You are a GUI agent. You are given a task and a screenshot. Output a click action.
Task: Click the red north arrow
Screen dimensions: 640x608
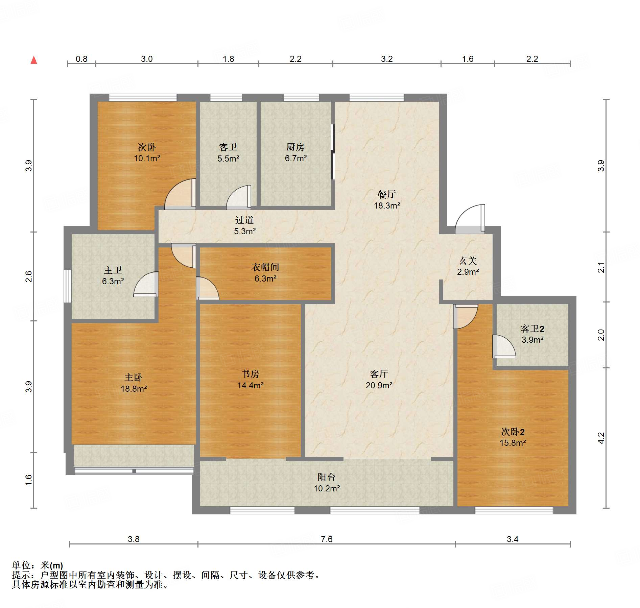tap(34, 60)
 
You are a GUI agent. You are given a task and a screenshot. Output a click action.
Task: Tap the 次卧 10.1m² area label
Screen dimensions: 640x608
tap(147, 152)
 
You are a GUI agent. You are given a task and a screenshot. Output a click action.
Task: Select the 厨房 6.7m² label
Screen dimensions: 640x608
tap(295, 152)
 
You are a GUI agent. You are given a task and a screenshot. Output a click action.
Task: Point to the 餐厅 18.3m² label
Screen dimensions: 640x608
tap(387, 200)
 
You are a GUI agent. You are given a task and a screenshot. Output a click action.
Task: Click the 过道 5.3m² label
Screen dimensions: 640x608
tap(244, 225)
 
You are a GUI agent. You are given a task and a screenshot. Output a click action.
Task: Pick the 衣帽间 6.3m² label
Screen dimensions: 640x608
tap(265, 273)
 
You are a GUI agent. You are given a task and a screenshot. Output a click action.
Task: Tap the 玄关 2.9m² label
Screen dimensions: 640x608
tap(468, 266)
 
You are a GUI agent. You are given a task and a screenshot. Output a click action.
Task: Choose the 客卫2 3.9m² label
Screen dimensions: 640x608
tap(532, 334)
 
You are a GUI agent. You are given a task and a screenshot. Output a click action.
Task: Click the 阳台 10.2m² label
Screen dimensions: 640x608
tap(327, 483)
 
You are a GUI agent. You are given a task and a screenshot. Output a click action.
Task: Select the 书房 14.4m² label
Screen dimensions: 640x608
tap(250, 380)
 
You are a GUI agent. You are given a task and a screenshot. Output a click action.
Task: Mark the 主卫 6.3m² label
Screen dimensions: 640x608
tap(113, 275)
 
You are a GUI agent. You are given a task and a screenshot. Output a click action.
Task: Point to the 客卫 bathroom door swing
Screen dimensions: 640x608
tap(239, 196)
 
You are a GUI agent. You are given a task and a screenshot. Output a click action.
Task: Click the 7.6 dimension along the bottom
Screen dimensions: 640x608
tap(327, 539)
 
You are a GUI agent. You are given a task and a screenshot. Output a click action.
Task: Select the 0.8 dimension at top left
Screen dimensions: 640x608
tap(81, 59)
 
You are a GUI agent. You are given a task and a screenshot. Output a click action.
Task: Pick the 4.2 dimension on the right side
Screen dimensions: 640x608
tap(601, 438)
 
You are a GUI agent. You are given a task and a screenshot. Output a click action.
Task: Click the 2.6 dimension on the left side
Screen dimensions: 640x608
tap(29, 276)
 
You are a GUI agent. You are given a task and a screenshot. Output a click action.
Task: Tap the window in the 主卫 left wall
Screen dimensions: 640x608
tap(68, 286)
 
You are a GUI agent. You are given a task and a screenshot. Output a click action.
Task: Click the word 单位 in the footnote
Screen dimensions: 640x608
tap(21, 565)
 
